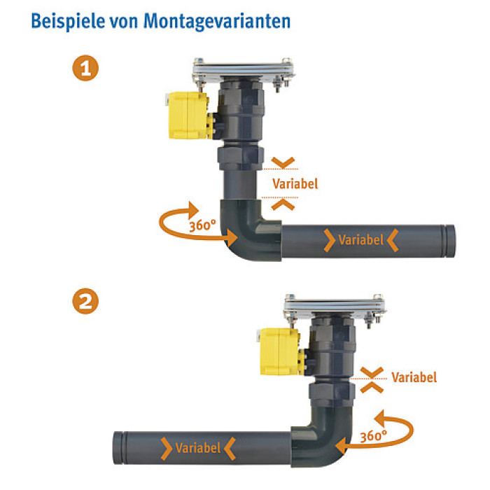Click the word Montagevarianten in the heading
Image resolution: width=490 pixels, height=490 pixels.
tap(217, 22)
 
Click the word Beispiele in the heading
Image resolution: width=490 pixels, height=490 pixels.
tap(68, 20)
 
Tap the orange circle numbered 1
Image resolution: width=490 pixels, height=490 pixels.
tap(85, 68)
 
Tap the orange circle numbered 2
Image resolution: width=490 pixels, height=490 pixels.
tap(85, 301)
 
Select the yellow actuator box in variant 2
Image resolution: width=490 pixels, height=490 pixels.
tap(280, 351)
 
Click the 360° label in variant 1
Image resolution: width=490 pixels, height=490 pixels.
tap(202, 225)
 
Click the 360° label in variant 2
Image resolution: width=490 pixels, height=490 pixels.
tap(373, 436)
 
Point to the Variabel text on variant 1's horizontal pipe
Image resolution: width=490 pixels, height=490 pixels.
tap(361, 240)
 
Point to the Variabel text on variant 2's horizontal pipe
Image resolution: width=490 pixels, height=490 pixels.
tap(198, 448)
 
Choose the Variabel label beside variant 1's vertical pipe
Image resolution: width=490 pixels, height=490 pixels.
tap(295, 183)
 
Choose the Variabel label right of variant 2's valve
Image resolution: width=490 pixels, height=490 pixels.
tap(414, 377)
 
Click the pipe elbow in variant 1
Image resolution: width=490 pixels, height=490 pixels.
tap(247, 231)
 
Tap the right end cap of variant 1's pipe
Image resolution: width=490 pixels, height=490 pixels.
tap(450, 241)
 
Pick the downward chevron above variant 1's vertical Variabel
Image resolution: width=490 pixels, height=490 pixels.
tap(283, 162)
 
